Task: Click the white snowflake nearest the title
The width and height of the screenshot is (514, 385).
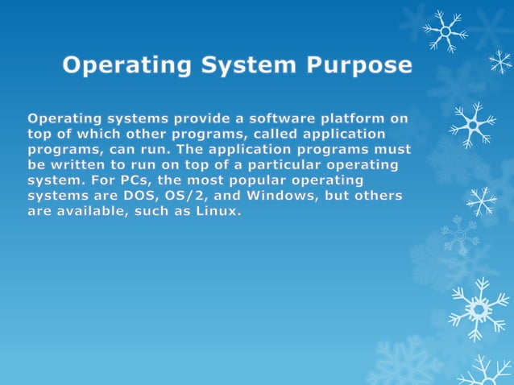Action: (x=445, y=31)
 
